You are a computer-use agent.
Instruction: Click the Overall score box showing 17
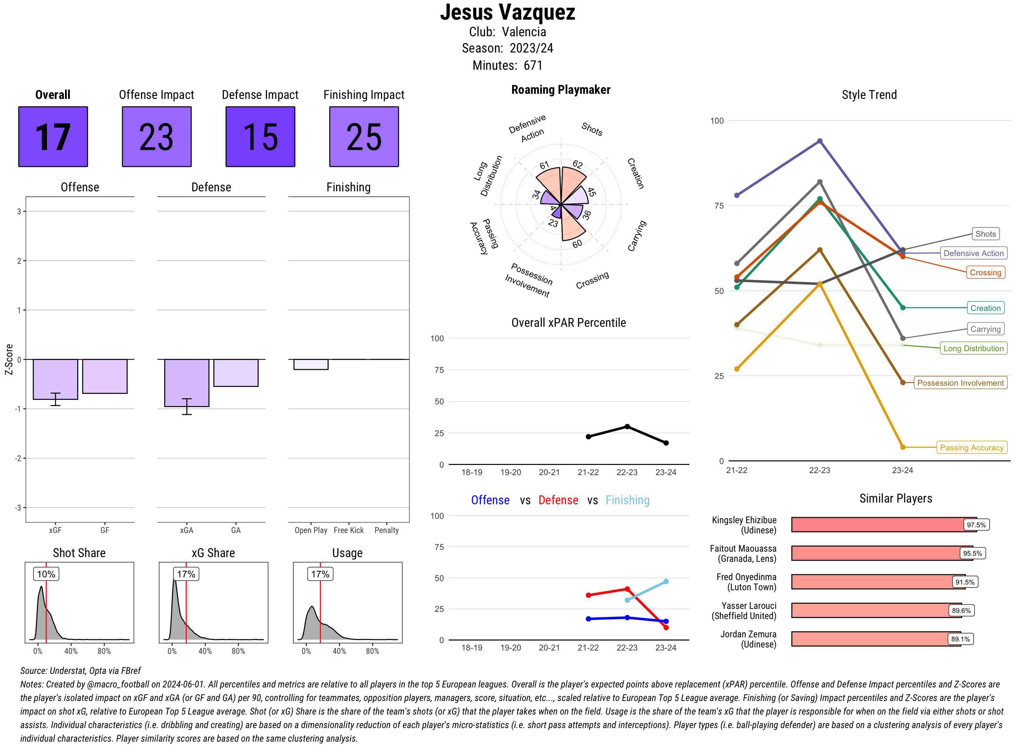coord(53,137)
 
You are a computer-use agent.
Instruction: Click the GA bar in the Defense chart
coord(235,372)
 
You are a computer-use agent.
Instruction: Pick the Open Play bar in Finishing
coord(311,364)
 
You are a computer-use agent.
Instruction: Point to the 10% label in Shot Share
coord(46,574)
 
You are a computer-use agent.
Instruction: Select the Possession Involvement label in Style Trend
coord(960,383)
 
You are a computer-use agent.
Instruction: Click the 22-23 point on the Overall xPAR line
coord(627,427)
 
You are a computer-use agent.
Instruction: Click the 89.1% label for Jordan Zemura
coord(960,639)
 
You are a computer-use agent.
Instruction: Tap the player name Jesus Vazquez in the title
coord(507,13)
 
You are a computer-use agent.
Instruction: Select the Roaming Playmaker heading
coord(560,90)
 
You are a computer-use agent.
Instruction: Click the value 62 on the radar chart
coord(577,164)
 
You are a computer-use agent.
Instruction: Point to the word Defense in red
coord(558,500)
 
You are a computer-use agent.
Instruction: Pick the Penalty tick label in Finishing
coord(386,530)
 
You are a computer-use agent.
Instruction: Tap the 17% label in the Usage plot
coord(320,574)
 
